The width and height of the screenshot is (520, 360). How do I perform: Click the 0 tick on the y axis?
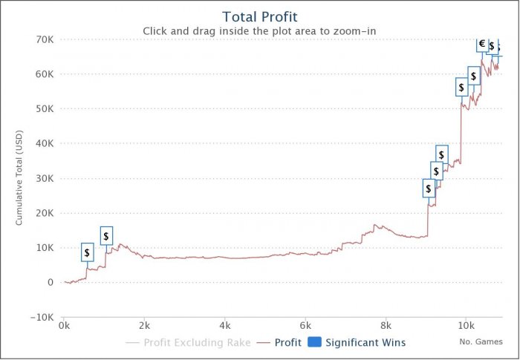point(51,283)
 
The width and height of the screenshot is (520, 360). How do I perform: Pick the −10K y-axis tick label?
point(40,317)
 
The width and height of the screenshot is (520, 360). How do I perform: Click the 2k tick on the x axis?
point(144,325)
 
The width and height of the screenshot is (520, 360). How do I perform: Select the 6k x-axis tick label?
point(305,325)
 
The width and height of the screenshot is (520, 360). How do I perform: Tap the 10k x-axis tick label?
point(466,325)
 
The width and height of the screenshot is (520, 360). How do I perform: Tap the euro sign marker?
point(482,44)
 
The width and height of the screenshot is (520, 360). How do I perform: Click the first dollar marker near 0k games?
point(88,253)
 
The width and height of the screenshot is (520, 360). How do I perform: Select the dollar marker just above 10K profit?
point(106,236)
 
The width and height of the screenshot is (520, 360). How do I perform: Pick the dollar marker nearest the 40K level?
point(441,154)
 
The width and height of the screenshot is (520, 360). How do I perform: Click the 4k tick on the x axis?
point(225,325)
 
